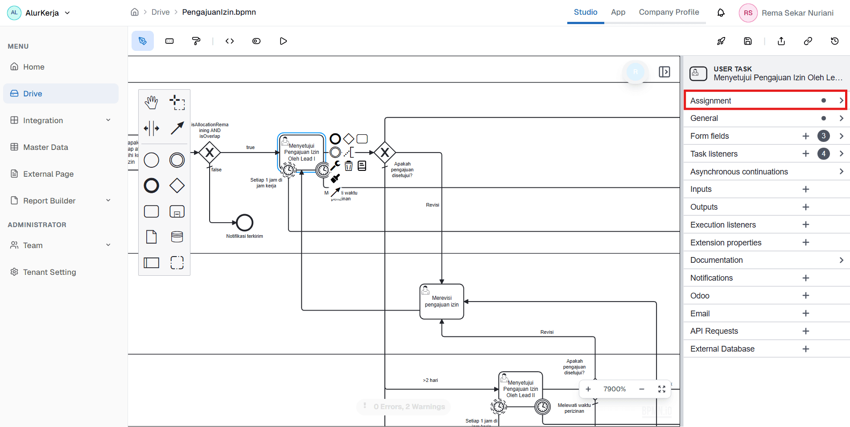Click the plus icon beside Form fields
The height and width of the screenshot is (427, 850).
point(805,136)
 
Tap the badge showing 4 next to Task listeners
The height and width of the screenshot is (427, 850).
point(823,153)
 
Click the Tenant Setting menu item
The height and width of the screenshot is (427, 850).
point(49,272)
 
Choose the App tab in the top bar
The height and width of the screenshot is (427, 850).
point(618,12)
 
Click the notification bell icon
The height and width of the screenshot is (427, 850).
point(721,13)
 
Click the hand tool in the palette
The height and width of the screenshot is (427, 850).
point(152,103)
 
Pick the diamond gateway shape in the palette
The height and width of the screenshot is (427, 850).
point(177,186)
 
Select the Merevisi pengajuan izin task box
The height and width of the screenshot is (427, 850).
point(442,302)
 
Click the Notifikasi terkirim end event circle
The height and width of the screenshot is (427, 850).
point(244,222)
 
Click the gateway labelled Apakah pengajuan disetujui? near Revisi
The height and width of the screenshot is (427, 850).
point(384,153)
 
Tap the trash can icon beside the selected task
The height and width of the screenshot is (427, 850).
point(349,166)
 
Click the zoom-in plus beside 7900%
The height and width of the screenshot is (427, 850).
point(588,389)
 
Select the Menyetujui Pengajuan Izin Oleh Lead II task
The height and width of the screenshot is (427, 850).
point(520,389)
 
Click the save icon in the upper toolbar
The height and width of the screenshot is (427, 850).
point(748,41)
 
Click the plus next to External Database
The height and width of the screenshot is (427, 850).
point(805,349)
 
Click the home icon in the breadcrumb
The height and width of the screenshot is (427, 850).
point(135,12)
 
